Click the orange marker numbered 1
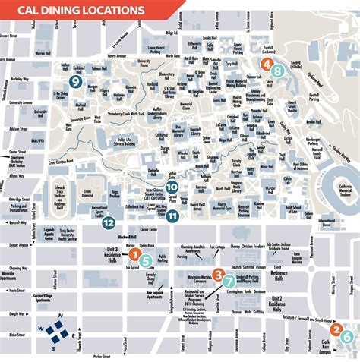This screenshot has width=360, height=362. click(x=135, y=257)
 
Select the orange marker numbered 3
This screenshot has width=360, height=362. click(x=218, y=274)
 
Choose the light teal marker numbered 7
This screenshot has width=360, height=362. click(x=229, y=281)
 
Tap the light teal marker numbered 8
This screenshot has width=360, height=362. click(x=278, y=71)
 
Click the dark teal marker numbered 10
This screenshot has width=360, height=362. click(x=172, y=187)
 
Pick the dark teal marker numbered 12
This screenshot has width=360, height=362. click(x=109, y=223)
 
